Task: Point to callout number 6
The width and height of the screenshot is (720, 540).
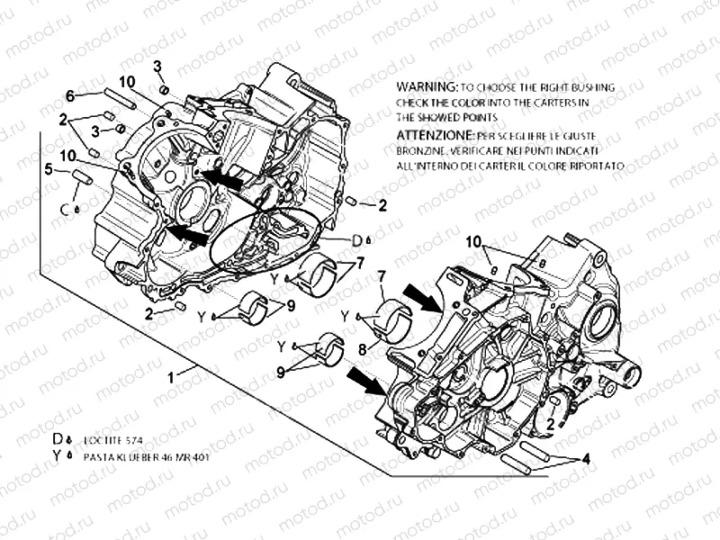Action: click(68, 95)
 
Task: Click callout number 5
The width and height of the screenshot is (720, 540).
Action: click(50, 167)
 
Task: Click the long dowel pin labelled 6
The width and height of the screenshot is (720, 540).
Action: click(120, 99)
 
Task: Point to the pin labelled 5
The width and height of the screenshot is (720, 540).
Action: click(84, 176)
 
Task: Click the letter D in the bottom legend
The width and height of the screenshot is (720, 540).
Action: click(58, 438)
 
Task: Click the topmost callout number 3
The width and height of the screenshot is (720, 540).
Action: click(157, 66)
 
